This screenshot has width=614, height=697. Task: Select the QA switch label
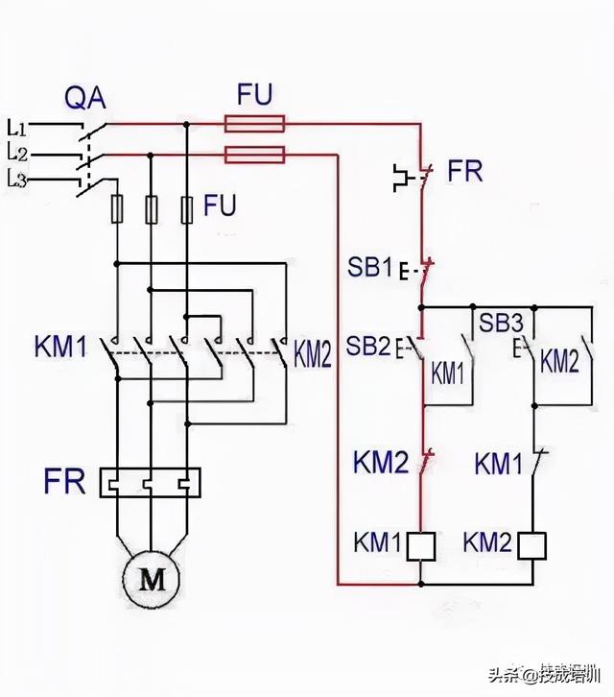(84, 98)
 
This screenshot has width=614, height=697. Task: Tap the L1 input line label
(17, 126)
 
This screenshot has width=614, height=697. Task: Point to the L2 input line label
(17, 152)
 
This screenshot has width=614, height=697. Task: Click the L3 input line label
(17, 177)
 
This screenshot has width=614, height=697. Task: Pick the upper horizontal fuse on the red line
(254, 123)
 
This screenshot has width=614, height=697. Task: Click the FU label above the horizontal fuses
(254, 93)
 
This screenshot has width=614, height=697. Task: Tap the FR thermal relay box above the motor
(153, 482)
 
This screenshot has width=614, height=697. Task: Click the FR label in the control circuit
(465, 173)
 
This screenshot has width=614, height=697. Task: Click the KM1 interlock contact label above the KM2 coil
(497, 464)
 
